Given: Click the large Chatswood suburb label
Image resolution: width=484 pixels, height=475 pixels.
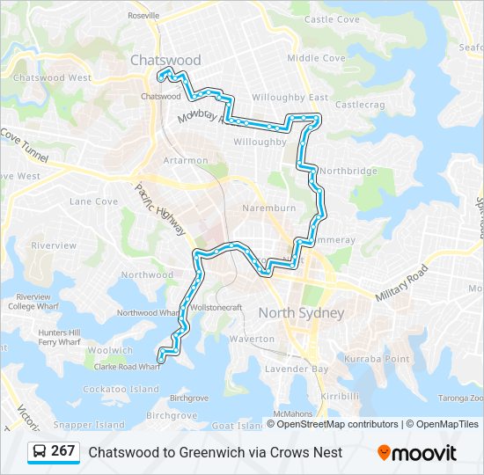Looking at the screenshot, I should pos(165,60).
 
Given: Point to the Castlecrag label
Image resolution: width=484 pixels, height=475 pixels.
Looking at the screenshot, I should pos(361,105).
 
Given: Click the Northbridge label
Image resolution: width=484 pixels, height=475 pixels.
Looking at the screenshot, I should pos(348,171).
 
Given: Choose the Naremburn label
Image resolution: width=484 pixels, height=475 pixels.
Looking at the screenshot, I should pos(268,209).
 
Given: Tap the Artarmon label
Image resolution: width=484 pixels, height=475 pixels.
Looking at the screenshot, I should pos(186,160).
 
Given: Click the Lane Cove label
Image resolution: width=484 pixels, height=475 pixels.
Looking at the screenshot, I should pos(93,201).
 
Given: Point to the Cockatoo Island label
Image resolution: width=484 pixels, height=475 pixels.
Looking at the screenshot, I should pos(121,389).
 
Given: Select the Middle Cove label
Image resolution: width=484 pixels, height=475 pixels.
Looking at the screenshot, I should pos(316,58).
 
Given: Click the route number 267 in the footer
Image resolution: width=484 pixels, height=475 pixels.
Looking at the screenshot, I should pos(62,451).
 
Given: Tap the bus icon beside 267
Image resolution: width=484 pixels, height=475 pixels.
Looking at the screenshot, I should pos(40,452).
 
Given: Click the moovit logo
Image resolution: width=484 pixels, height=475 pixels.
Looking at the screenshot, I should pos(417,453).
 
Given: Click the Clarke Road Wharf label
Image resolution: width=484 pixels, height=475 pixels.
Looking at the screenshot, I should pos(127,367).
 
